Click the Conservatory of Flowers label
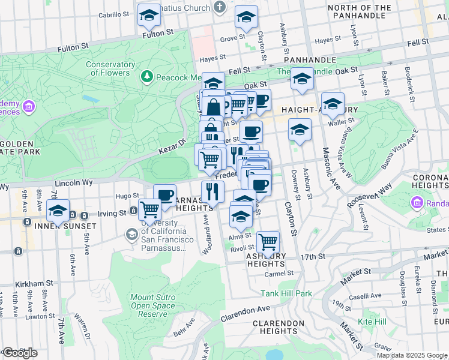pyautogui.click(x=110, y=68)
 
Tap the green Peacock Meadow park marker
pyautogui.click(x=146, y=77)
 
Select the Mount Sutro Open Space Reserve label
pyautogui.click(x=152, y=305)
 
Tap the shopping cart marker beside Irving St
pyautogui.click(x=149, y=210)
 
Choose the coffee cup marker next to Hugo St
pyautogui.click(x=164, y=195)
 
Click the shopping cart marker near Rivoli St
pyautogui.click(x=268, y=242)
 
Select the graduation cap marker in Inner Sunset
pyautogui.click(x=58, y=212)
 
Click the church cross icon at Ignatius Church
pyautogui.click(x=220, y=8)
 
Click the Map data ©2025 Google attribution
pyautogui.click(x=412, y=355)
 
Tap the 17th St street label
pyautogui.click(x=313, y=256)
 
